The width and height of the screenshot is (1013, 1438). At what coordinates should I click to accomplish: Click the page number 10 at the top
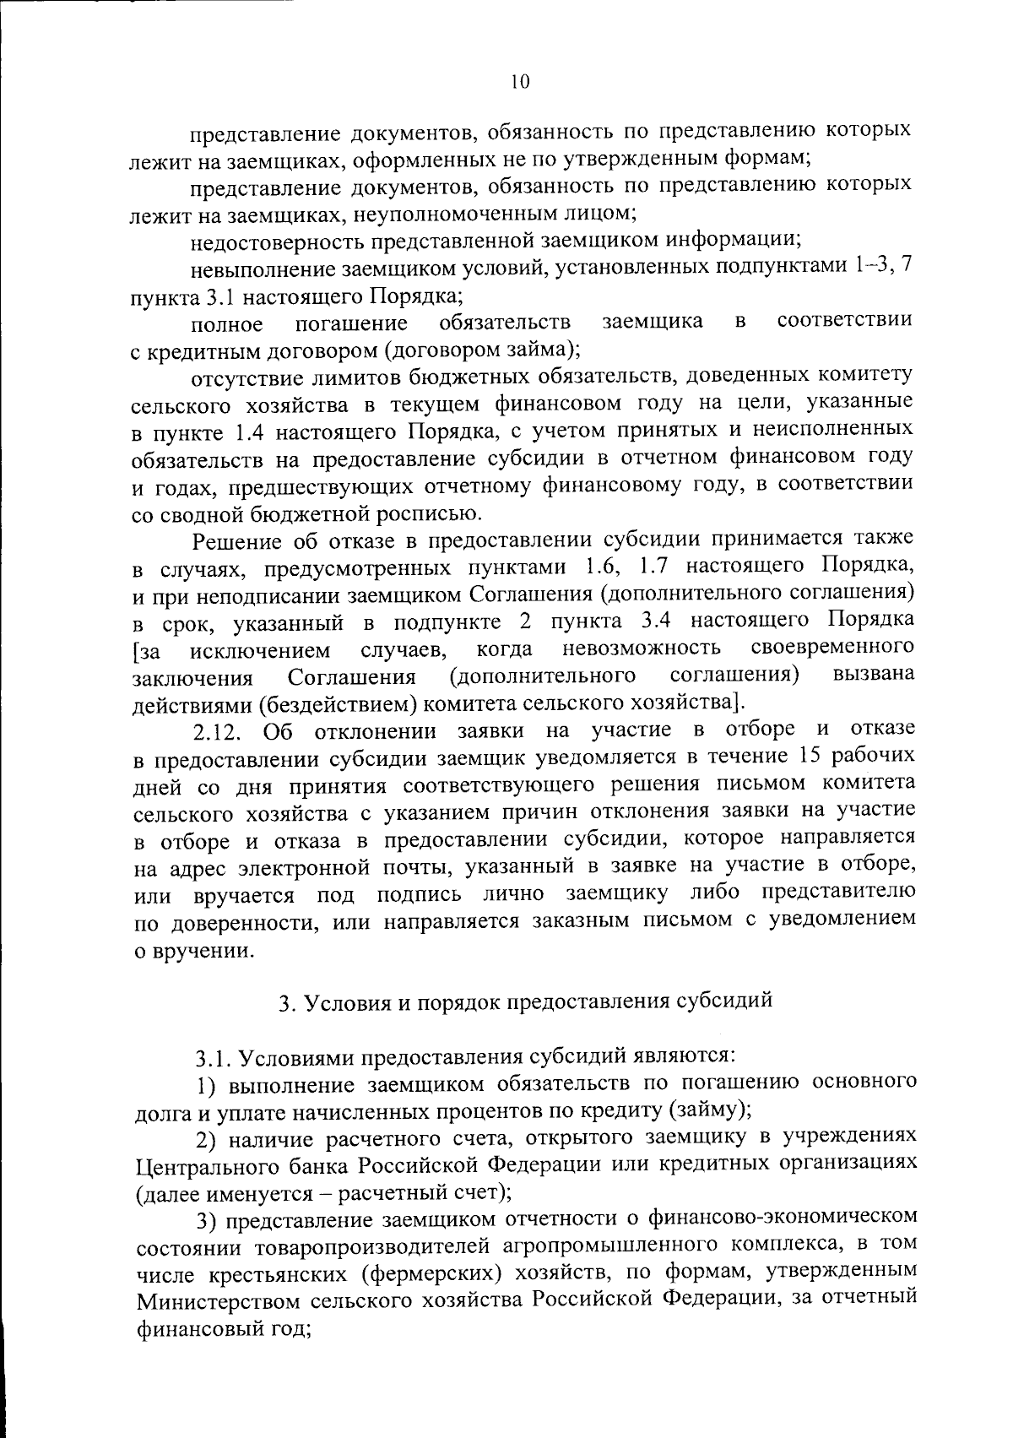click(x=519, y=82)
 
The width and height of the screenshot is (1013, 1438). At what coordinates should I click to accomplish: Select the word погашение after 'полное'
click(x=351, y=323)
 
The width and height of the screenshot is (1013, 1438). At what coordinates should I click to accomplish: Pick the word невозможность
click(x=642, y=649)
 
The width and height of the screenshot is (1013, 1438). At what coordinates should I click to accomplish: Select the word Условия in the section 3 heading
click(x=341, y=1002)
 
